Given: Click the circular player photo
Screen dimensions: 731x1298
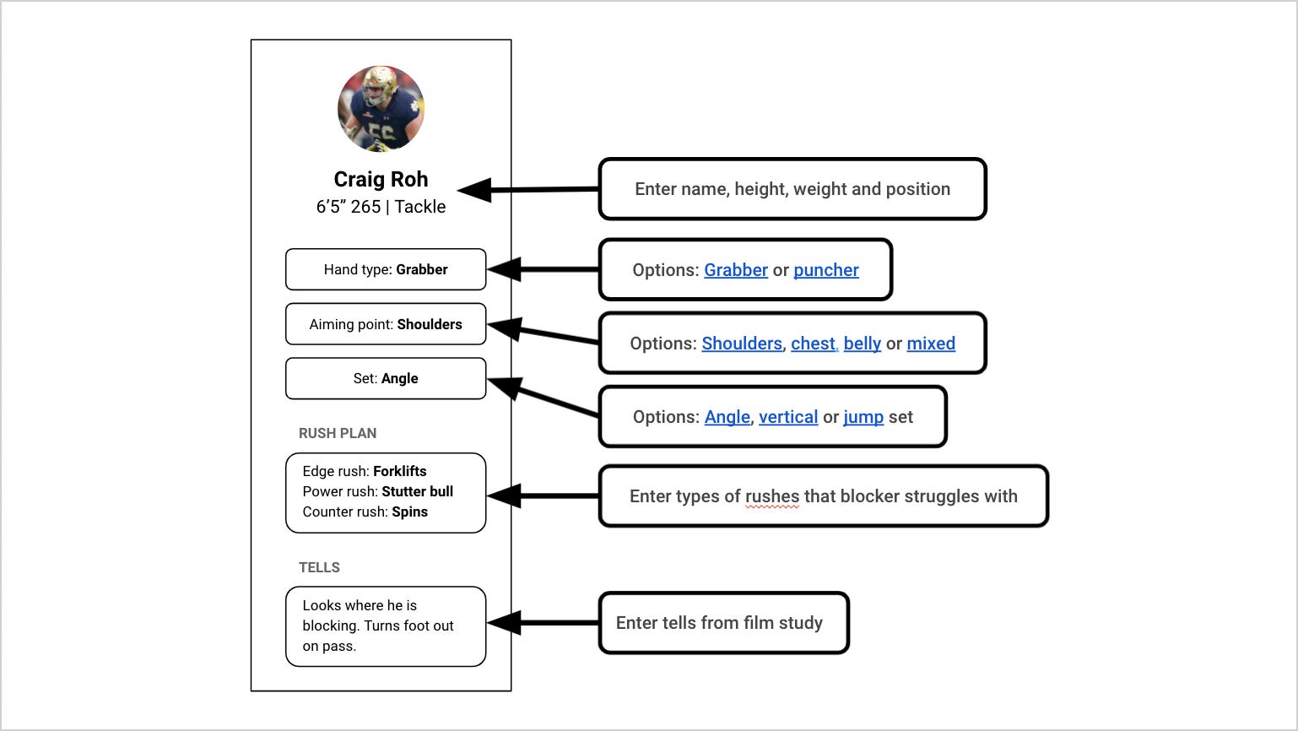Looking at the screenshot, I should tap(381, 109).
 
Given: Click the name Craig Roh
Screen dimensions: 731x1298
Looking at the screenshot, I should tap(381, 180).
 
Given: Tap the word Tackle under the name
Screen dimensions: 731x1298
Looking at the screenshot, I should tap(419, 207).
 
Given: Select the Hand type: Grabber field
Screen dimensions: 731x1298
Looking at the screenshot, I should tap(386, 270).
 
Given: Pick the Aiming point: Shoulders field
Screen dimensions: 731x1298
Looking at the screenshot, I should tap(386, 324).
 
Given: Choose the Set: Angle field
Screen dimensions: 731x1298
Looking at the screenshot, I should tap(386, 379).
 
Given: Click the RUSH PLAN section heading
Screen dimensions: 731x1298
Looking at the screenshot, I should tap(338, 433).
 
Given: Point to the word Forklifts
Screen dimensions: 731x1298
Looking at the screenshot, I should tap(399, 471).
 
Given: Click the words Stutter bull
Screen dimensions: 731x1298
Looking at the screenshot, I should tap(417, 491).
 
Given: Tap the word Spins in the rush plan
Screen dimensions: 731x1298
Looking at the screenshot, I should tap(409, 512).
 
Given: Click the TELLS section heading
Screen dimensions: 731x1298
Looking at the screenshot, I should tap(319, 567).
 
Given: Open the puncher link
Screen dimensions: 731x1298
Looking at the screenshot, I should tap(825, 270).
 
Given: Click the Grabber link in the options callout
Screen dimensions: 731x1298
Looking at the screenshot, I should tap(736, 270).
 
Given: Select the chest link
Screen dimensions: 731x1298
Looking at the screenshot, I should tap(813, 344).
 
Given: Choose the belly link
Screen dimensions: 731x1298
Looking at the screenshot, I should tap(862, 344).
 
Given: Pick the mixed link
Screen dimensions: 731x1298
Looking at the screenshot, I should tap(931, 344).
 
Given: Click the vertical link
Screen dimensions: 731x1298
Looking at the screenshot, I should tap(788, 417).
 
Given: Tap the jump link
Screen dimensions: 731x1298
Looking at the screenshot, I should tap(863, 417).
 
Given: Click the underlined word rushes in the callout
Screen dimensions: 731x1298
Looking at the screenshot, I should tap(772, 496).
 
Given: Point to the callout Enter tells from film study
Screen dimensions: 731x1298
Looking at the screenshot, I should tap(723, 623).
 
